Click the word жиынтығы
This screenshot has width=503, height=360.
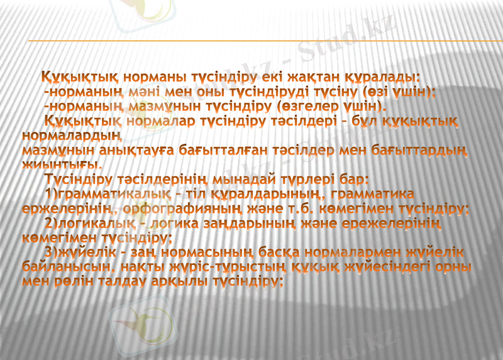[x=62, y=165]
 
